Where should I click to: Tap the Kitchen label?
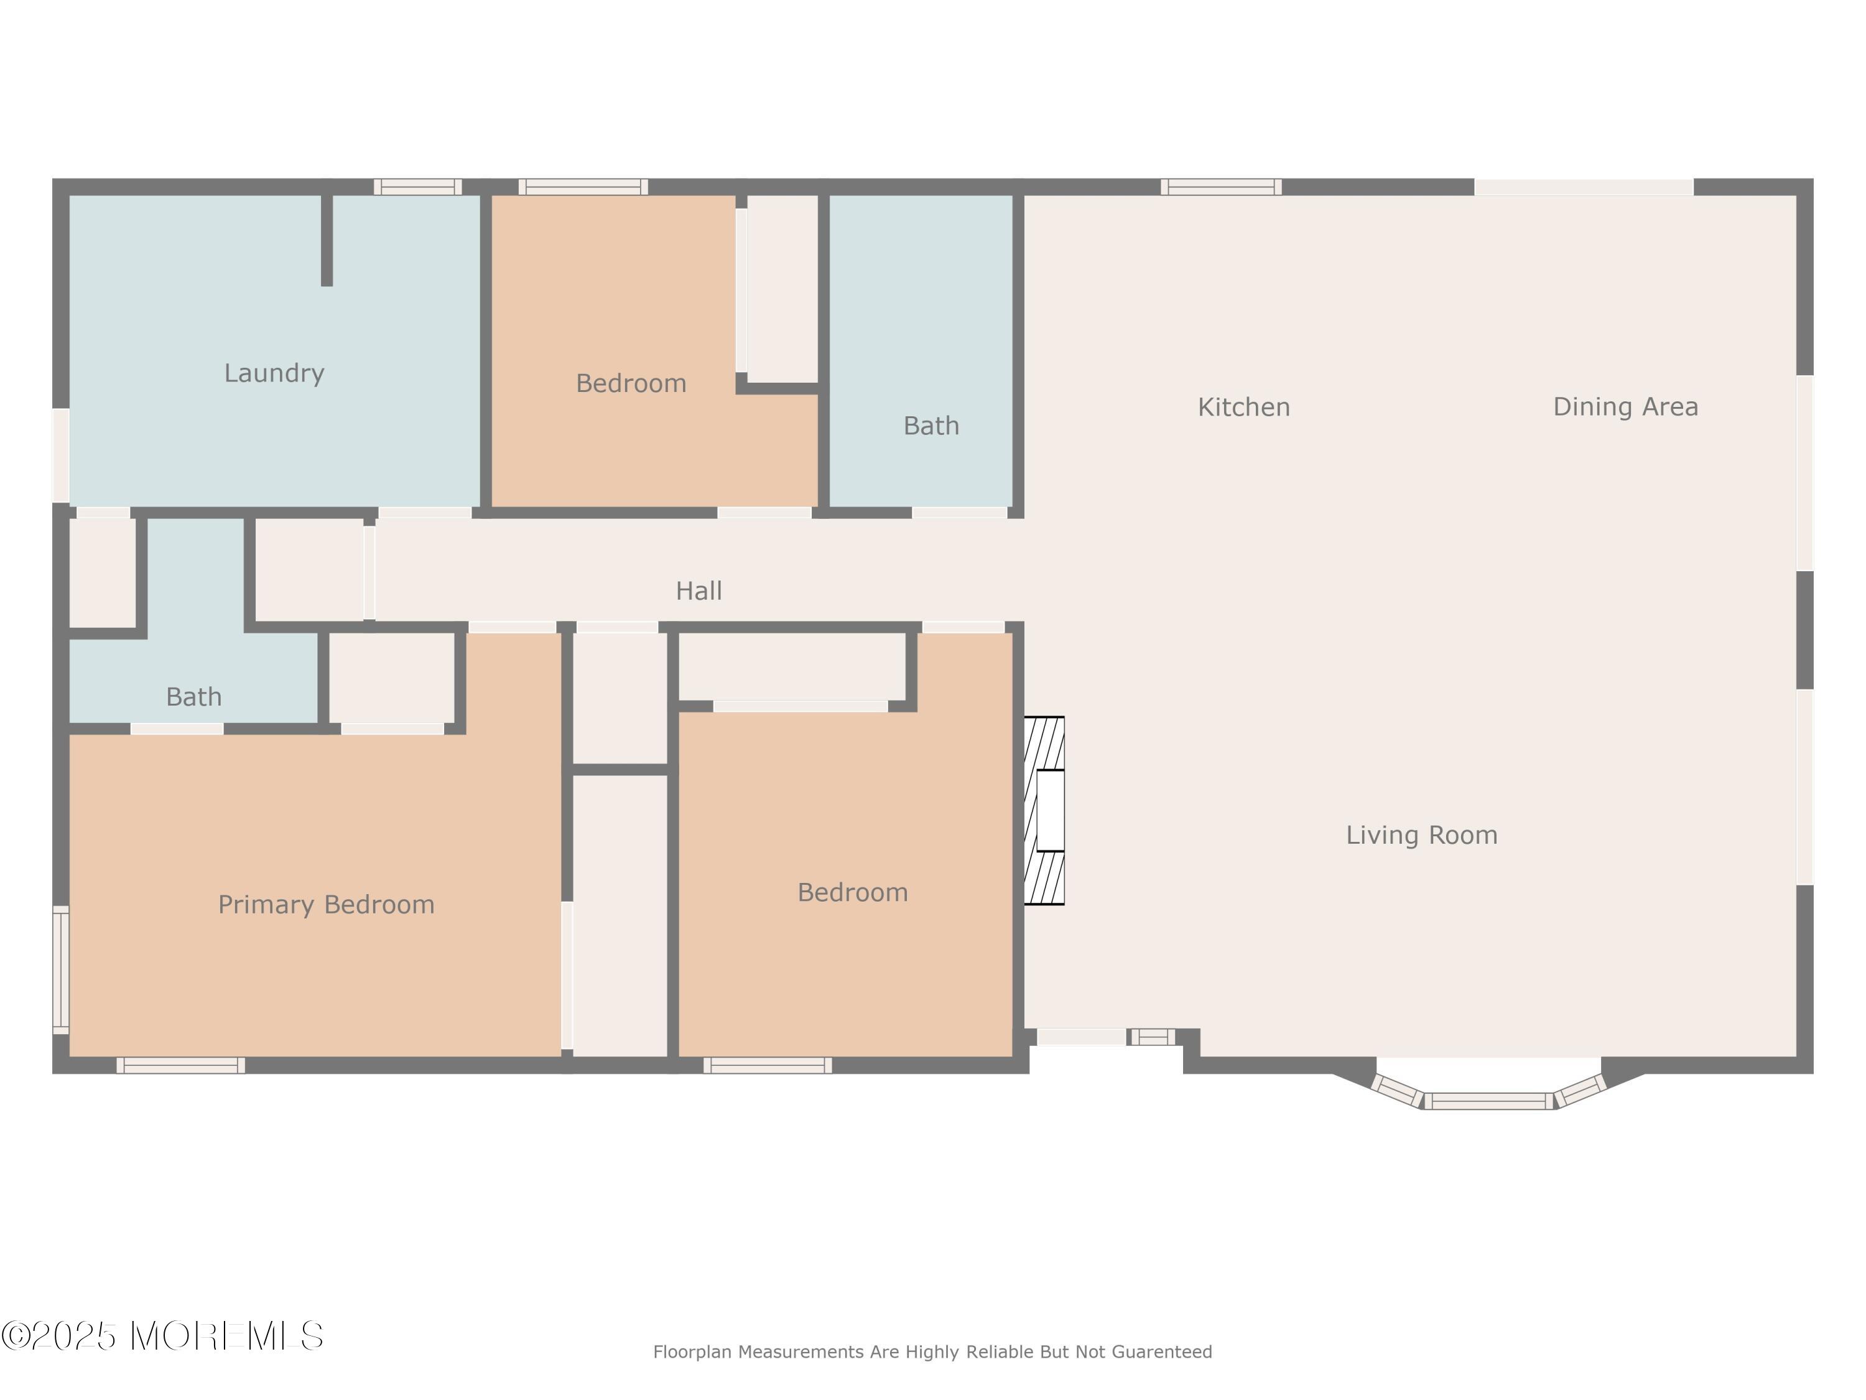1244,408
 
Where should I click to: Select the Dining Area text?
1625,407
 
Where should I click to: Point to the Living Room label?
1421,836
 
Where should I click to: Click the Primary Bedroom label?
327,905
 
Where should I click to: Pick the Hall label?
699,590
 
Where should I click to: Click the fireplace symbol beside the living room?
1044,810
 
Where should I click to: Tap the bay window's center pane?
1489,1101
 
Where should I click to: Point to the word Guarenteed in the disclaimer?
1162,1352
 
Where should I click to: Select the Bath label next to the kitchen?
931,426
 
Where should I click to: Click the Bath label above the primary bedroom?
194,697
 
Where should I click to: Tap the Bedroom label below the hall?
853,893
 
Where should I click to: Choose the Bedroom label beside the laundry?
631,384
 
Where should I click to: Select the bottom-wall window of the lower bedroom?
768,1065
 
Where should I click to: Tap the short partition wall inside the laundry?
327,241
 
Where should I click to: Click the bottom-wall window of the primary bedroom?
180,1065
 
